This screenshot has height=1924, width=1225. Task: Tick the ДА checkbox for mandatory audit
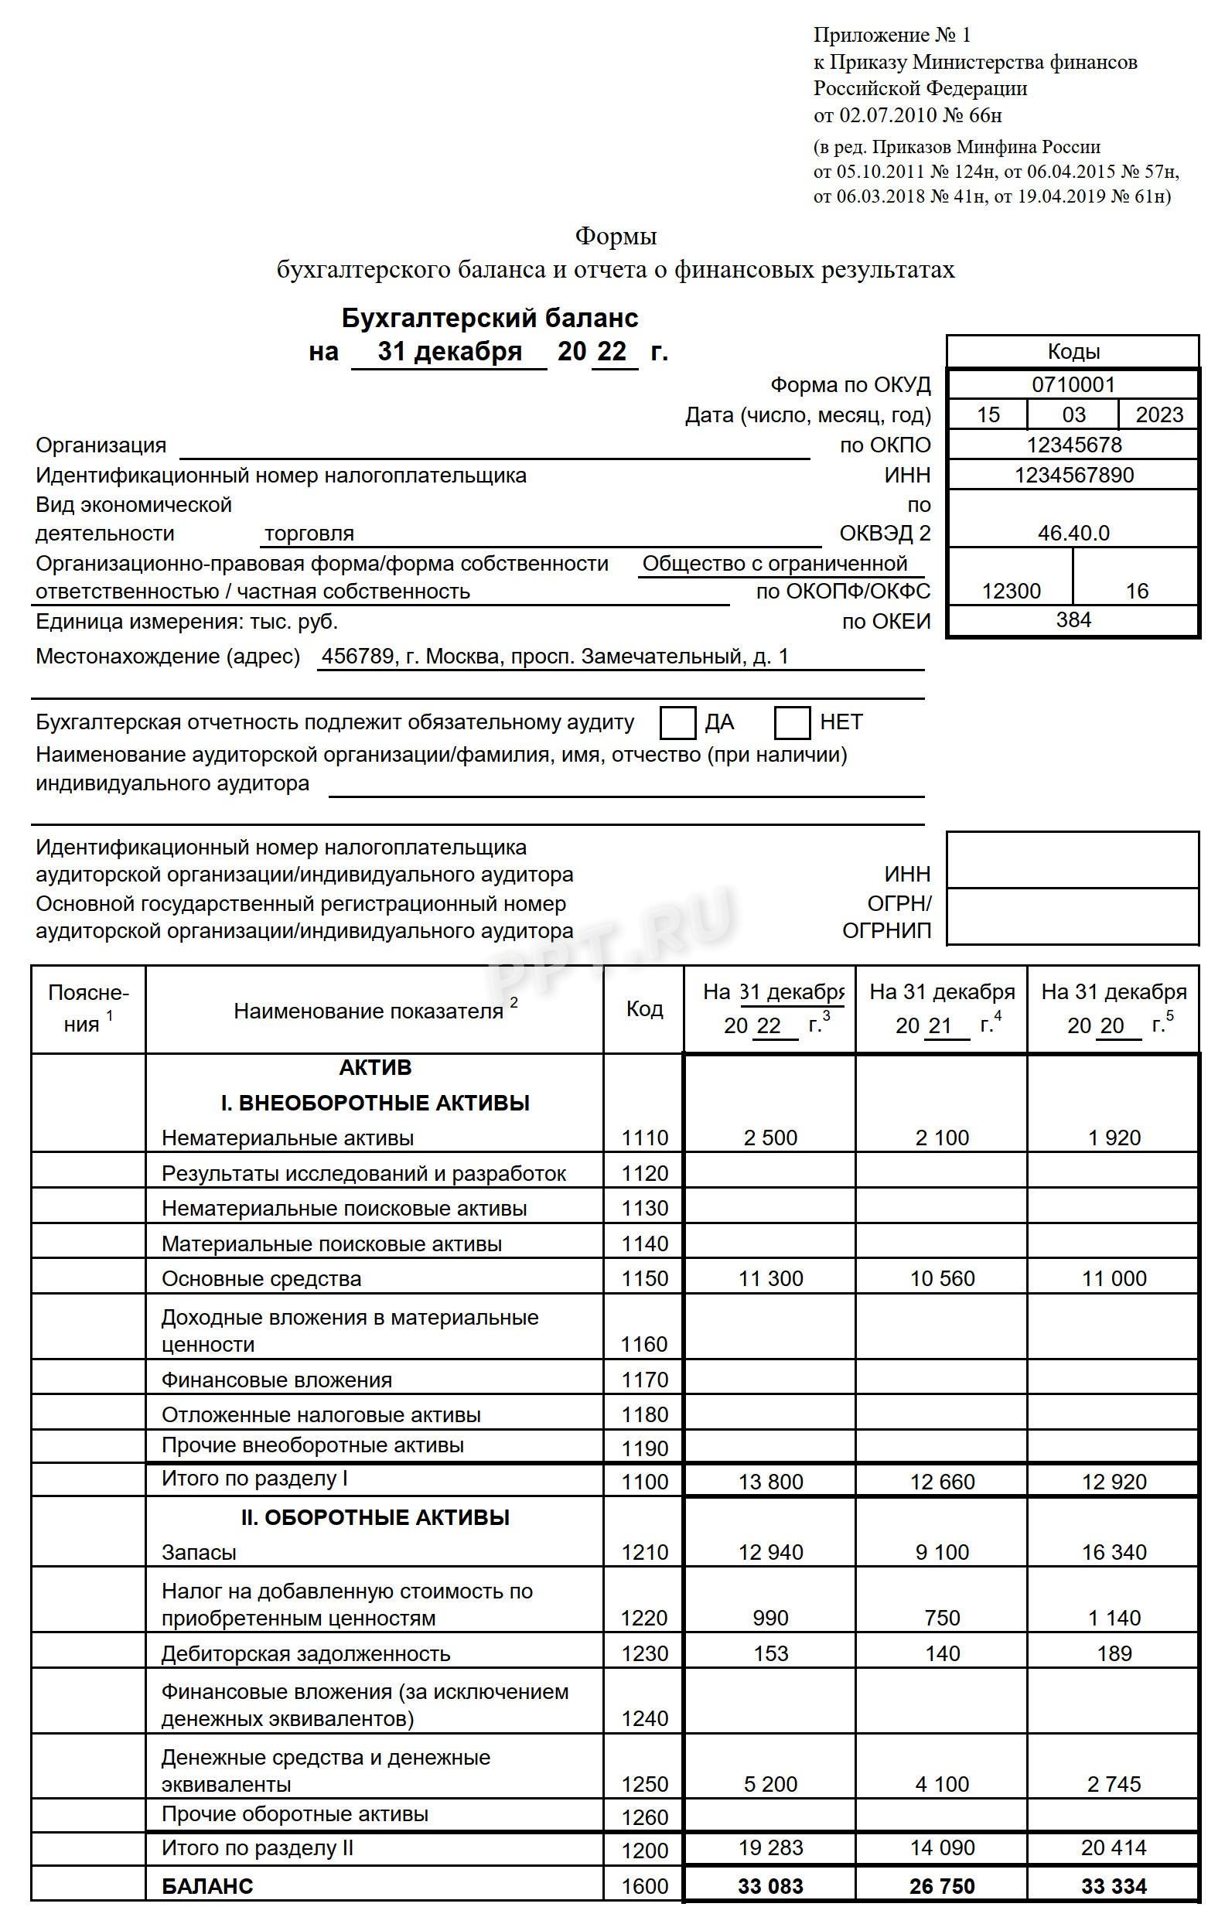[x=677, y=722]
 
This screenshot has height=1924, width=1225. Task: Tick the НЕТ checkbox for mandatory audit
[x=792, y=722]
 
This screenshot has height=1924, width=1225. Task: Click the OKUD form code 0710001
[x=1073, y=385]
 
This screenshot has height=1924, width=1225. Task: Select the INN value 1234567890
[x=1073, y=476]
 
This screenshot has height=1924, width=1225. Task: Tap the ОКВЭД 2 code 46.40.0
[x=1073, y=533]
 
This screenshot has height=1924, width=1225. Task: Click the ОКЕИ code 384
[x=1073, y=620]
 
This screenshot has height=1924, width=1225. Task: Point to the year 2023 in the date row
[x=1158, y=414]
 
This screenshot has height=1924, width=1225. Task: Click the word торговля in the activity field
[x=309, y=533]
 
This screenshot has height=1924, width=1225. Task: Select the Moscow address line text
[x=554, y=657]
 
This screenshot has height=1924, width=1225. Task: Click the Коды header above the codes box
[x=1073, y=352]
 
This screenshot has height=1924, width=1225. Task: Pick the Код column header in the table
[x=644, y=1009]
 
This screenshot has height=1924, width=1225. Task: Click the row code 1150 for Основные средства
[x=644, y=1278]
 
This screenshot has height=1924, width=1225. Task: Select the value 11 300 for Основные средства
[x=770, y=1278]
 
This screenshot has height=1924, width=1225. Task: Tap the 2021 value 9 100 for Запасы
[x=941, y=1552]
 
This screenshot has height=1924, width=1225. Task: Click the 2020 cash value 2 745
[x=1113, y=1784]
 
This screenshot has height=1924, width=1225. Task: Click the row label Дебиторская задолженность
[x=305, y=1653]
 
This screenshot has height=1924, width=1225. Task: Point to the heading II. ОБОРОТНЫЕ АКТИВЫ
[x=375, y=1517]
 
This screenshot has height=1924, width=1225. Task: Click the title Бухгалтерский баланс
[x=489, y=319]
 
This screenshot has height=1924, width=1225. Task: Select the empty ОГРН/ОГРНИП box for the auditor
[x=1073, y=916]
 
